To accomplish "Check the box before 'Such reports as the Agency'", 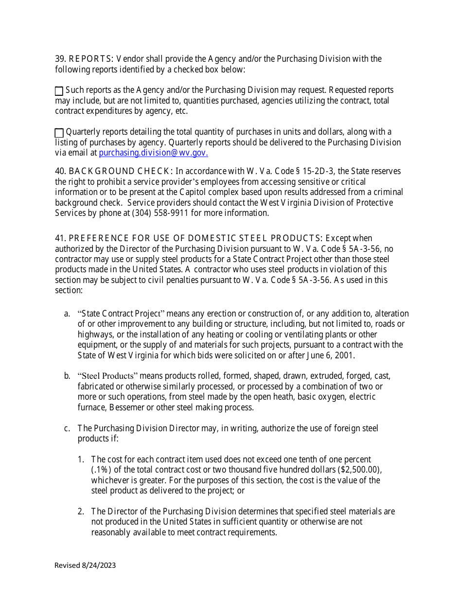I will click(59, 91).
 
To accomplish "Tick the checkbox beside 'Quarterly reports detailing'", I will click(59, 133).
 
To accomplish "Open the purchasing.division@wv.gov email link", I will click(153, 153).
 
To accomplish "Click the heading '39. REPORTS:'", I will click(84, 59).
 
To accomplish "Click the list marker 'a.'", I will click(67, 314).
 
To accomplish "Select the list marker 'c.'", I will click(67, 428).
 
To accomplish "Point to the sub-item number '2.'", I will click(81, 511).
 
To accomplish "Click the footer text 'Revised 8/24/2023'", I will click(85, 565).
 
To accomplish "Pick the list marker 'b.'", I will click(67, 376).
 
